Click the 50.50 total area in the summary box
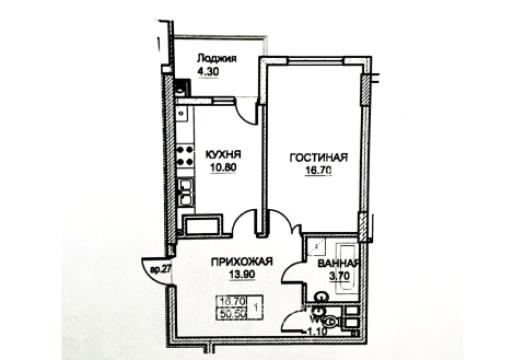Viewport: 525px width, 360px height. (x=232, y=313)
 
